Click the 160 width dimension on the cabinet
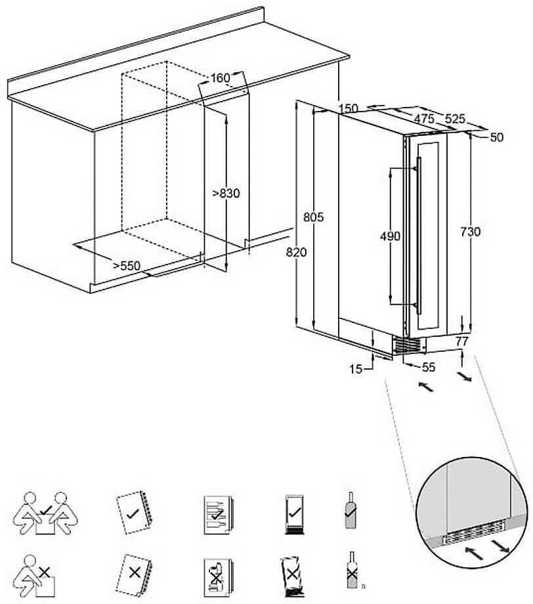click(x=221, y=78)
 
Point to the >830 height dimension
click(x=226, y=193)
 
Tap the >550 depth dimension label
click(x=127, y=265)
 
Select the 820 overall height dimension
click(x=297, y=252)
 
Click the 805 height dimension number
click(x=314, y=217)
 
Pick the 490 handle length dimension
click(x=390, y=236)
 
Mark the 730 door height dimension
click(x=470, y=232)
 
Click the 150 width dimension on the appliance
click(x=349, y=108)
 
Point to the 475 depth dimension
click(x=424, y=119)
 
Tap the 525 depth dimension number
click(x=455, y=119)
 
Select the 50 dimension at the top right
click(x=496, y=137)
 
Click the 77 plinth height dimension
click(x=461, y=341)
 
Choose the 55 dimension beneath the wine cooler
click(x=428, y=368)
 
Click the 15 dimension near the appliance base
click(x=356, y=370)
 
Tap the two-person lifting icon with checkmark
click(x=45, y=513)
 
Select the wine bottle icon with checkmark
click(x=351, y=510)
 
